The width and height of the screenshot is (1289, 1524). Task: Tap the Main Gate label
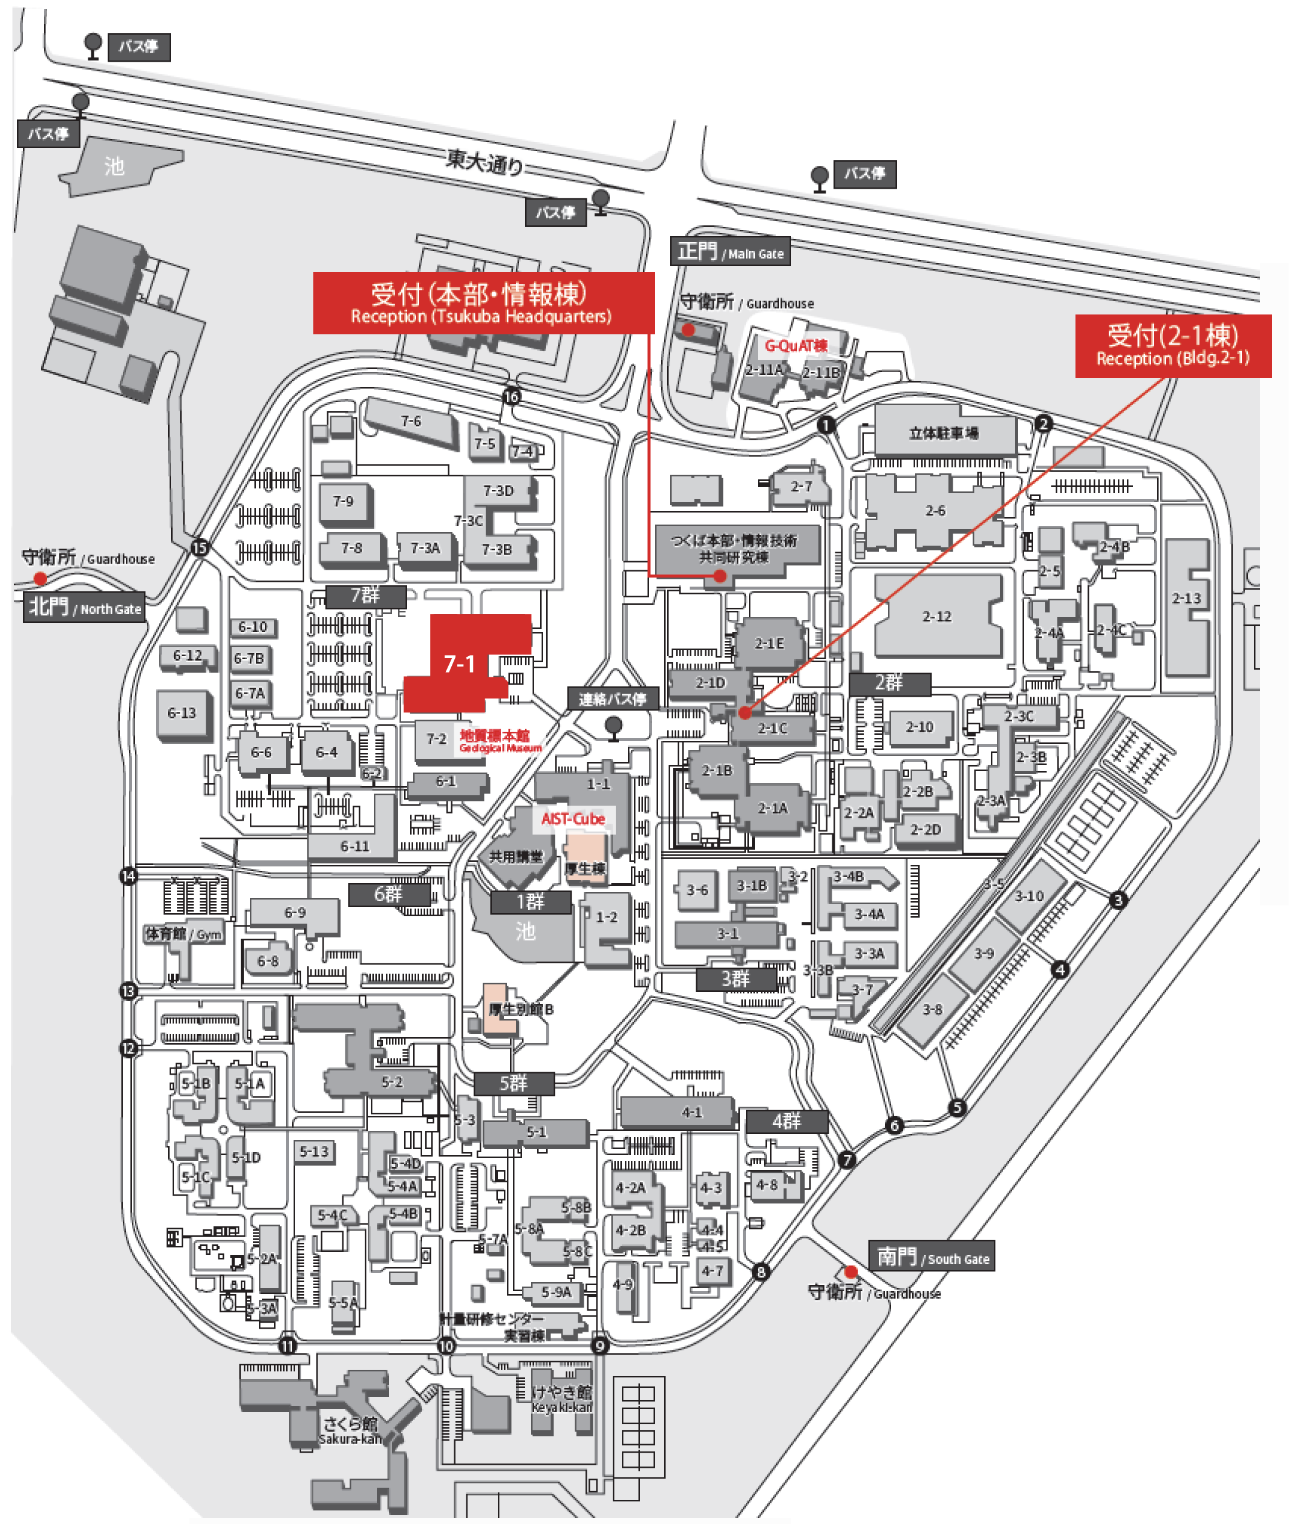pos(730,252)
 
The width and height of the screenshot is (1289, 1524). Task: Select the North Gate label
pos(85,607)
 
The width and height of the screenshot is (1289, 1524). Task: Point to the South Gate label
pos(931,1256)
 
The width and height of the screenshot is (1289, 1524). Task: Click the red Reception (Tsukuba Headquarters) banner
pos(483,303)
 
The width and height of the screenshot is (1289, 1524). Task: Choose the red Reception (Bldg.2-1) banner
pos(1172,345)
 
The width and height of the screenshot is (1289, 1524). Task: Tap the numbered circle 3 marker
pos(1117,900)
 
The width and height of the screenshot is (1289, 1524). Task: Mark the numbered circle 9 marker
pos(599,1345)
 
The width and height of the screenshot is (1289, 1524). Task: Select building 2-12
pos(937,616)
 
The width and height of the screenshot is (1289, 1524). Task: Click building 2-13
pos(1186,598)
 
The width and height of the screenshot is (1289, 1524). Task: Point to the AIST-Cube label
pos(573,819)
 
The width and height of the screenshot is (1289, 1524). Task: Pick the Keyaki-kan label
pos(561,1399)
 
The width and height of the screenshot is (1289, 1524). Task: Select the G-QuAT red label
pos(796,345)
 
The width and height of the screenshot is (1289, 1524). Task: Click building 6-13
pos(182,712)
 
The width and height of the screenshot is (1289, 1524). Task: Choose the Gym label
pos(183,934)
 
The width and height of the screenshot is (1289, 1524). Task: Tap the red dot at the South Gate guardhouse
pos(850,1272)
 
